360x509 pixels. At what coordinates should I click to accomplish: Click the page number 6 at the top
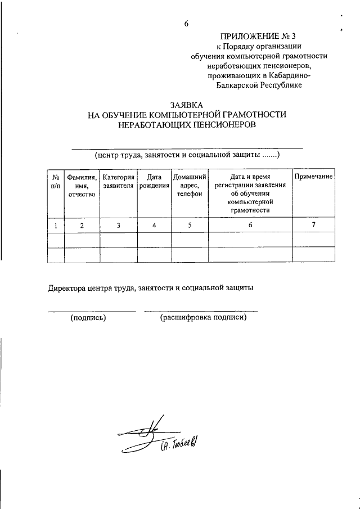(x=186, y=23)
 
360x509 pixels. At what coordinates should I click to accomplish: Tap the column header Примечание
(x=313, y=177)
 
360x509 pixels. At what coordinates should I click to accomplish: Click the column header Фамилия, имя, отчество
(x=82, y=186)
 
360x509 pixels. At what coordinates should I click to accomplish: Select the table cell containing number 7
(x=313, y=225)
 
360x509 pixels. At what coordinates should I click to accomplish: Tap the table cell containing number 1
(x=56, y=226)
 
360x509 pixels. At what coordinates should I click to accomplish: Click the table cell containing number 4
(x=154, y=226)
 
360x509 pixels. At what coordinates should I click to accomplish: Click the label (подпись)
(x=88, y=318)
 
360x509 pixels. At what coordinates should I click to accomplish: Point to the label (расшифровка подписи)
(x=203, y=318)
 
